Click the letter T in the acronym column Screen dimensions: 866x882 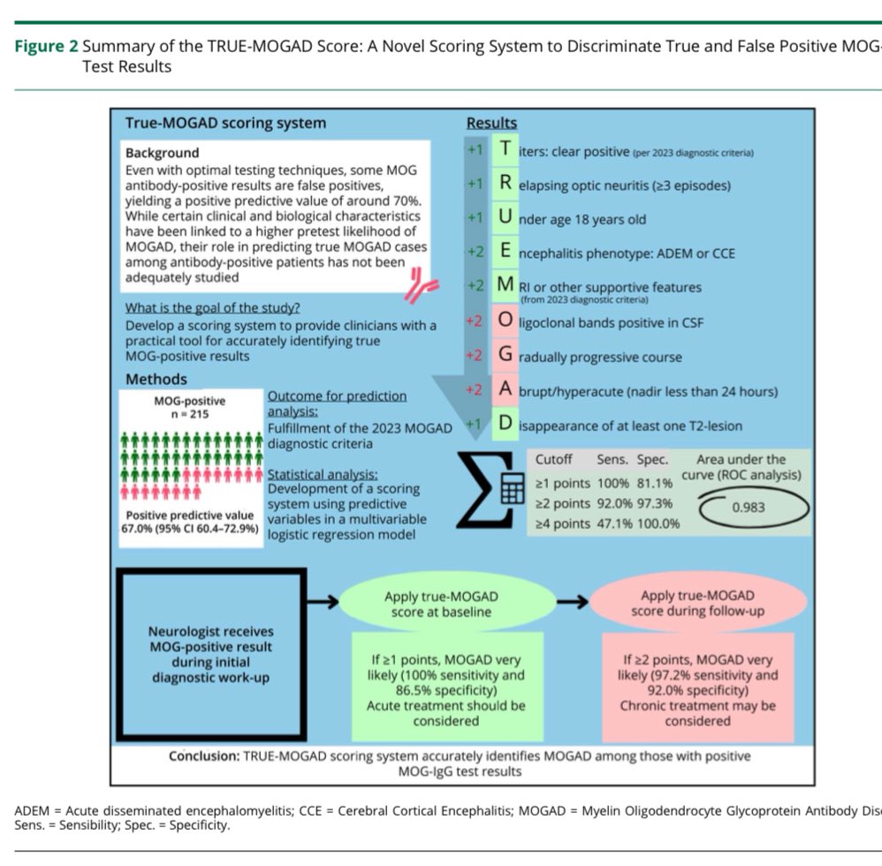tap(505, 150)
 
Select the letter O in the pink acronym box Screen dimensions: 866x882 tap(505, 321)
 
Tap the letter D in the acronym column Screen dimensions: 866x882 tap(505, 424)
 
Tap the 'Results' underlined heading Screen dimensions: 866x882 tap(491, 124)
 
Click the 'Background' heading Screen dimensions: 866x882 tap(162, 153)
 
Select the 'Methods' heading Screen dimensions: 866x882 tap(156, 378)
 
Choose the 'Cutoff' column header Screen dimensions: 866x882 tap(555, 460)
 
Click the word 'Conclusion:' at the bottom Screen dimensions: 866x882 tap(206, 756)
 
